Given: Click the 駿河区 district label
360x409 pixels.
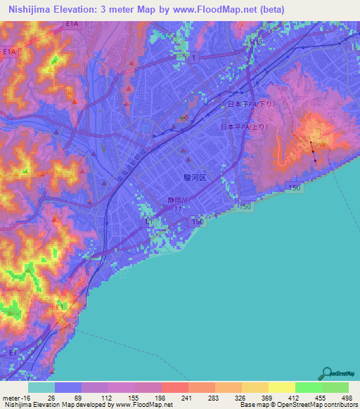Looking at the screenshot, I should [194, 178].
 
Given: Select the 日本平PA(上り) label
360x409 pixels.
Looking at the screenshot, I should [237, 126].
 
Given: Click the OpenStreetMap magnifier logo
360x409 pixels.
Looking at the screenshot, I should [326, 373].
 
